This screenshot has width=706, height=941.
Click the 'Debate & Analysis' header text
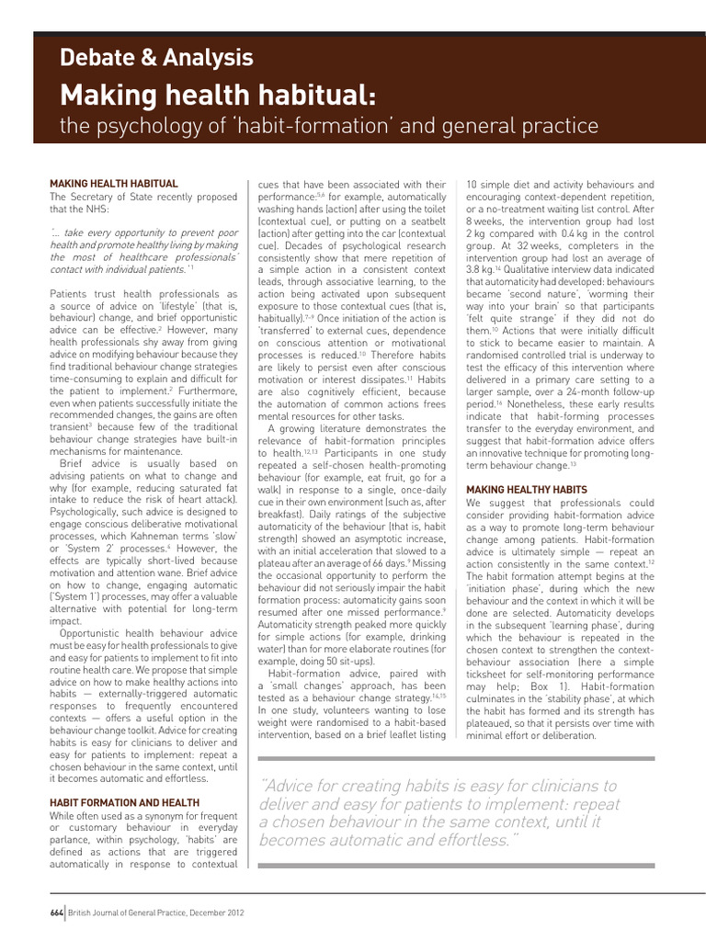[156, 58]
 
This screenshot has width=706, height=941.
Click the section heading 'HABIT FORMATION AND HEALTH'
[125, 802]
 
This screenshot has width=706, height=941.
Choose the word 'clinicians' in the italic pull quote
[575, 786]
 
